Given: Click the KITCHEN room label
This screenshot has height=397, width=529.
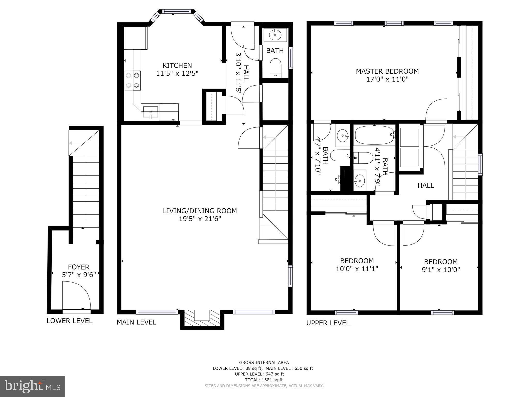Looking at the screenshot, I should pyautogui.click(x=177, y=65).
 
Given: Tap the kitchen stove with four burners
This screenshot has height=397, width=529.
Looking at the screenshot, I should pyautogui.click(x=133, y=80).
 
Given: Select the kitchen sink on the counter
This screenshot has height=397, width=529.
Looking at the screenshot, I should pyautogui.click(x=150, y=112).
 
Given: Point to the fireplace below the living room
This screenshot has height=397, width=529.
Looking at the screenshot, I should pyautogui.click(x=202, y=319).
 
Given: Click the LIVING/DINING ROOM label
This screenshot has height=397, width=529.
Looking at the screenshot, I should pyautogui.click(x=200, y=211).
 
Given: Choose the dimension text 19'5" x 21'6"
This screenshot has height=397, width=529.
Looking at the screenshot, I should pyautogui.click(x=200, y=219).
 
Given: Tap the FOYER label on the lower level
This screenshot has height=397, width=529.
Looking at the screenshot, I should pyautogui.click(x=78, y=267).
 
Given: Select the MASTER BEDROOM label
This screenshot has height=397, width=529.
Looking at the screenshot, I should pyautogui.click(x=387, y=71).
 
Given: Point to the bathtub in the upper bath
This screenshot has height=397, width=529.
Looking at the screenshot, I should pyautogui.click(x=374, y=135).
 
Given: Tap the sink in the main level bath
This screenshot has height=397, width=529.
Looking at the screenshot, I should pyautogui.click(x=275, y=35).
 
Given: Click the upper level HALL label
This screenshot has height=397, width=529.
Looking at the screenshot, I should pyautogui.click(x=425, y=185).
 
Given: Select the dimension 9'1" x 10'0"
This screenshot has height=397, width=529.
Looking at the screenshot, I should pyautogui.click(x=441, y=270).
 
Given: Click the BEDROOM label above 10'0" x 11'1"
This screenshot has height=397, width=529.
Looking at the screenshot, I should pyautogui.click(x=357, y=261).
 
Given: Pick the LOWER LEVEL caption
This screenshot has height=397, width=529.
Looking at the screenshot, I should pyautogui.click(x=70, y=321).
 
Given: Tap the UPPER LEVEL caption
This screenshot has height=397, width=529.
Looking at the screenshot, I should pyautogui.click(x=328, y=323).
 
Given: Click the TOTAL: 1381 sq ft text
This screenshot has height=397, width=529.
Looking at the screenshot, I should pyautogui.click(x=264, y=380).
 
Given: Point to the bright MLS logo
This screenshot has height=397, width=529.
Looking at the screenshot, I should pyautogui.click(x=32, y=386).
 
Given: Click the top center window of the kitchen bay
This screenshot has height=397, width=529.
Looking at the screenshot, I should pyautogui.click(x=176, y=11).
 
